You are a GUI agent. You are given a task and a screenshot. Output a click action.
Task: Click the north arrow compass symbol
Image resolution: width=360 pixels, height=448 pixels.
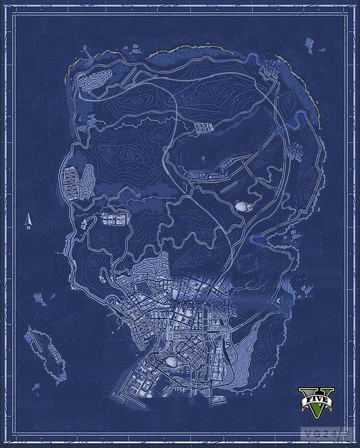(29, 220)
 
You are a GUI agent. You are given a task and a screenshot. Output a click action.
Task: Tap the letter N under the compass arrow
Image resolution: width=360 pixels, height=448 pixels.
(29, 227)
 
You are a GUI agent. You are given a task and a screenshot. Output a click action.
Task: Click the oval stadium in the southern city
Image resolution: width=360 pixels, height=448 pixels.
(171, 360)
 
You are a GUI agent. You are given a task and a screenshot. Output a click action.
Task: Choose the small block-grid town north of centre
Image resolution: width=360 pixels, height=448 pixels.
(204, 128)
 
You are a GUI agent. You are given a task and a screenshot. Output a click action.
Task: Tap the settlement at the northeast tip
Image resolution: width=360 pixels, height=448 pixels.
(271, 69)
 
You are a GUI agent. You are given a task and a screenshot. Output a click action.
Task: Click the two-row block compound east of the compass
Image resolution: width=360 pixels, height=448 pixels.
(115, 220)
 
